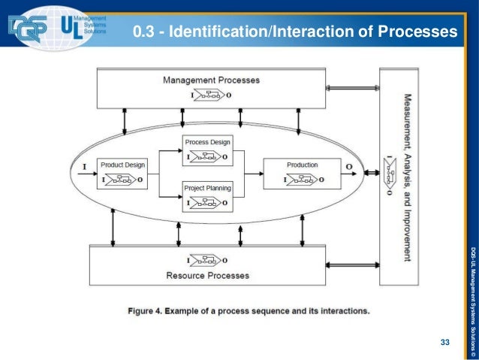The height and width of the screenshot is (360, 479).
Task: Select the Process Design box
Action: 207,150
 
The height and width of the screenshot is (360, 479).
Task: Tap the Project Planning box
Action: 207,195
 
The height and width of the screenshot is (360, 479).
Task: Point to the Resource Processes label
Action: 207,275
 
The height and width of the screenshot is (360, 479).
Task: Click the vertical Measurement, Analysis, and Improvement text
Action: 408,177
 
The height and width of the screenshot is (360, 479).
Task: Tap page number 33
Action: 444,343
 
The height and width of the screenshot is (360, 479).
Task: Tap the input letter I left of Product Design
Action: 83,165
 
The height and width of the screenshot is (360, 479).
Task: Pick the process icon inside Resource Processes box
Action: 207,260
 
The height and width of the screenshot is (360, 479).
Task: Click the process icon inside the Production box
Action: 302,179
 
